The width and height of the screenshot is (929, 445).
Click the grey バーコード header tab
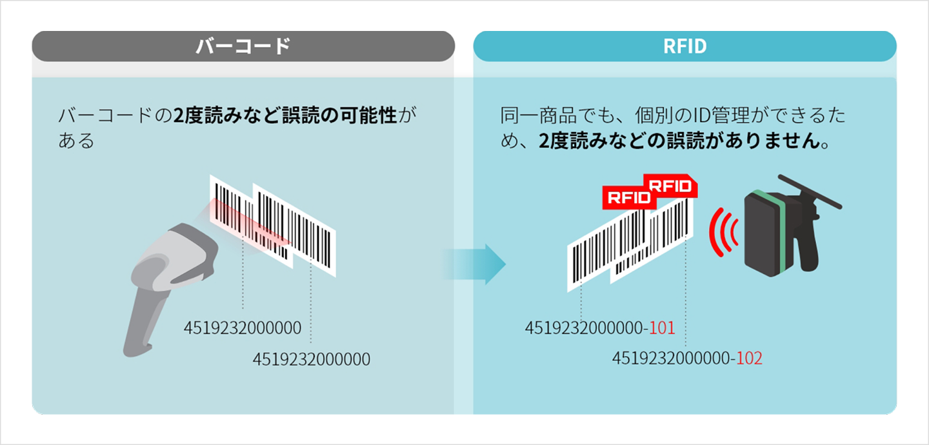tap(243, 46)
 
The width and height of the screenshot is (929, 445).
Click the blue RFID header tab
tap(684, 46)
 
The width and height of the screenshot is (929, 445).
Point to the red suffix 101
tap(662, 328)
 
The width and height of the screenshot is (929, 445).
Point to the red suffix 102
tap(749, 358)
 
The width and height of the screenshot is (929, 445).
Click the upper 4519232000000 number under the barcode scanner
tap(243, 328)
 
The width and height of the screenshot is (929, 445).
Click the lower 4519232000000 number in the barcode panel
tap(312, 359)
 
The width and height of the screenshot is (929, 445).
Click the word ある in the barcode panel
tap(76, 141)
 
